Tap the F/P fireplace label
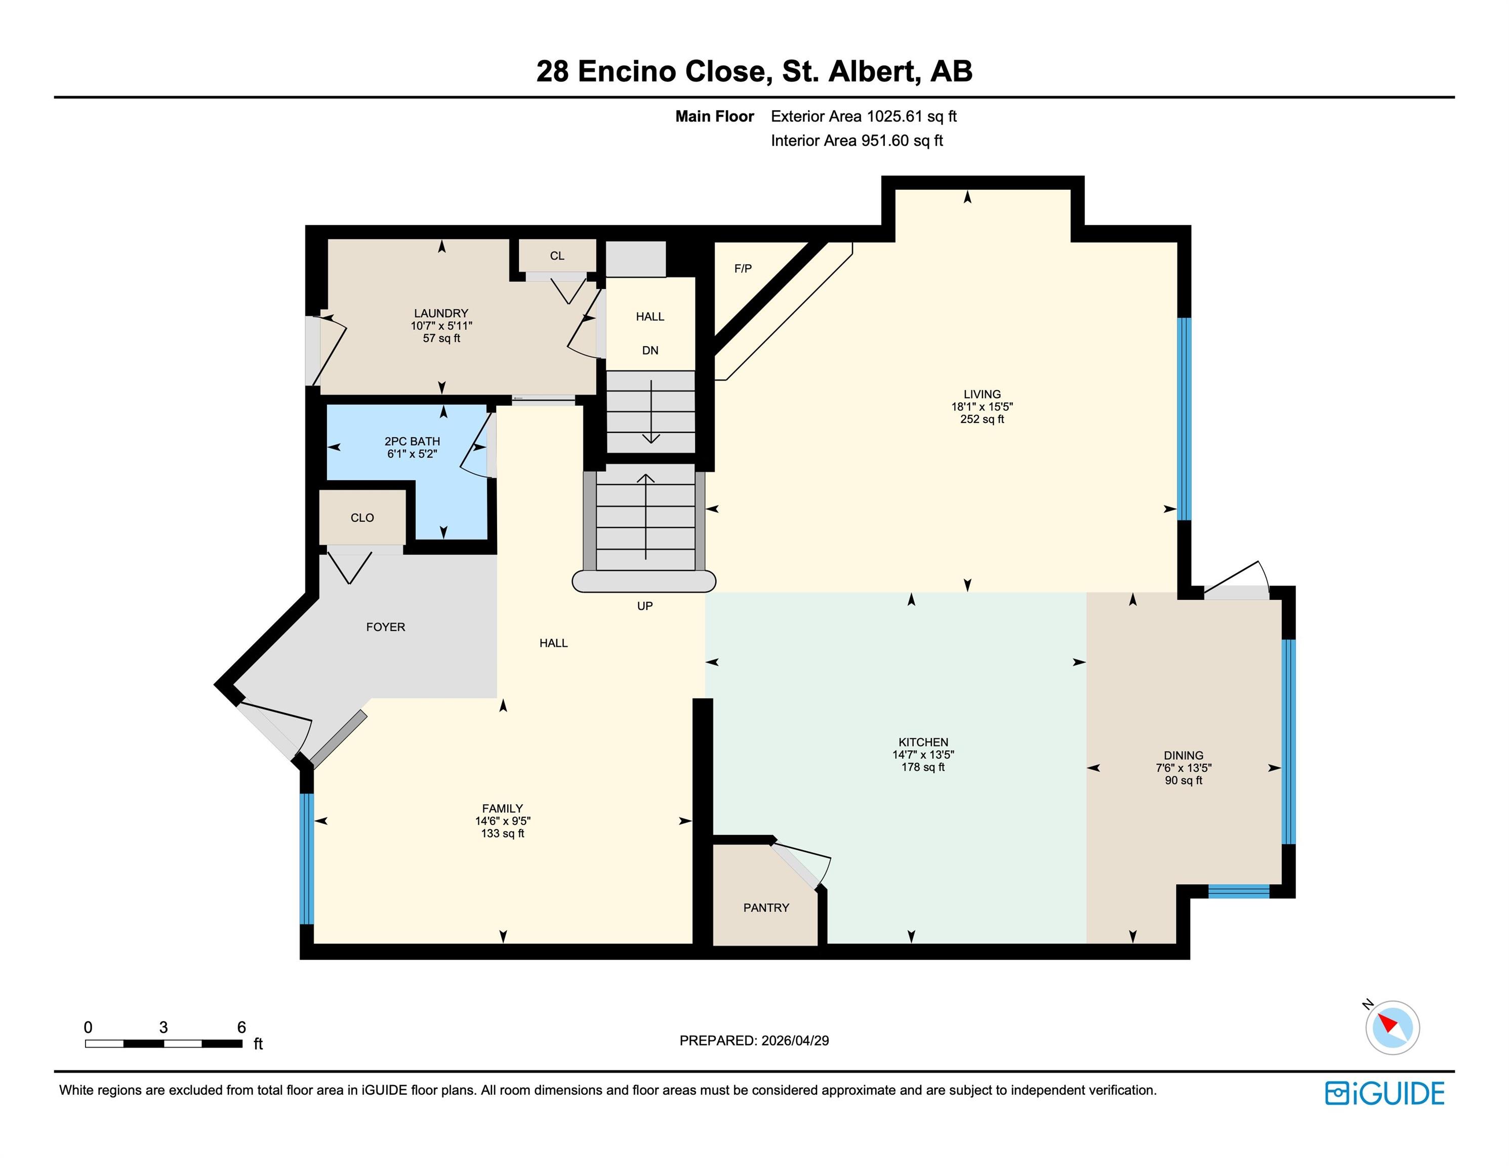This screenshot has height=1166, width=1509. [x=743, y=269]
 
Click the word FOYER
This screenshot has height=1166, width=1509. [x=386, y=627]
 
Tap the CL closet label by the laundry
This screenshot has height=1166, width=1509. [x=557, y=256]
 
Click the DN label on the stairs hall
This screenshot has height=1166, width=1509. [x=650, y=351]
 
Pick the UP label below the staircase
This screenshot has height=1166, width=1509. [x=644, y=606]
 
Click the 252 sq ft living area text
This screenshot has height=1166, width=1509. [x=982, y=420]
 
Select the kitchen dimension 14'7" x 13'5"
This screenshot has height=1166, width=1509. [x=923, y=755]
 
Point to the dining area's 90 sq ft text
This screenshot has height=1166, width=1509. [x=1184, y=780]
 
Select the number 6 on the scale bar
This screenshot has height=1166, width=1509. [x=241, y=1027]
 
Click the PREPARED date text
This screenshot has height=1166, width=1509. [x=754, y=1040]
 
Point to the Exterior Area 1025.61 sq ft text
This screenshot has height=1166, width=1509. [x=864, y=117]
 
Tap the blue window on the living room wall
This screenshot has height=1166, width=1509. [x=1184, y=419]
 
